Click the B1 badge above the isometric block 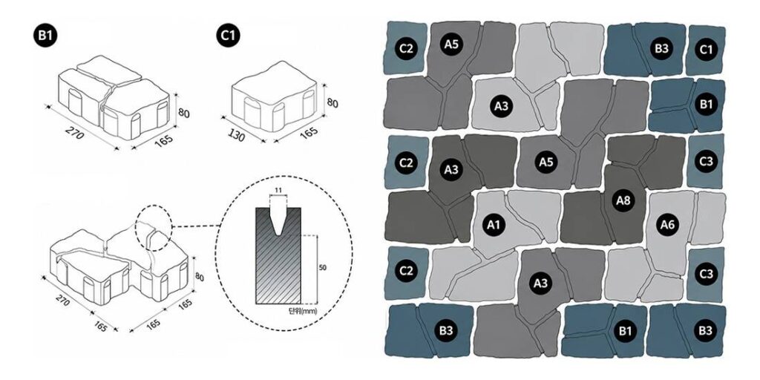click(x=45, y=37)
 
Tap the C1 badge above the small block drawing click(x=229, y=37)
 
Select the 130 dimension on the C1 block click(x=236, y=136)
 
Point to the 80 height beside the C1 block click(x=332, y=103)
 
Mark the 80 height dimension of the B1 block click(x=183, y=114)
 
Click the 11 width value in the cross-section click(x=278, y=191)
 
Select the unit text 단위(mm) click(x=303, y=312)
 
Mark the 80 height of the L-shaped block click(x=199, y=278)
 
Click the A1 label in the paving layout click(x=494, y=224)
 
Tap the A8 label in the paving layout click(x=623, y=200)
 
